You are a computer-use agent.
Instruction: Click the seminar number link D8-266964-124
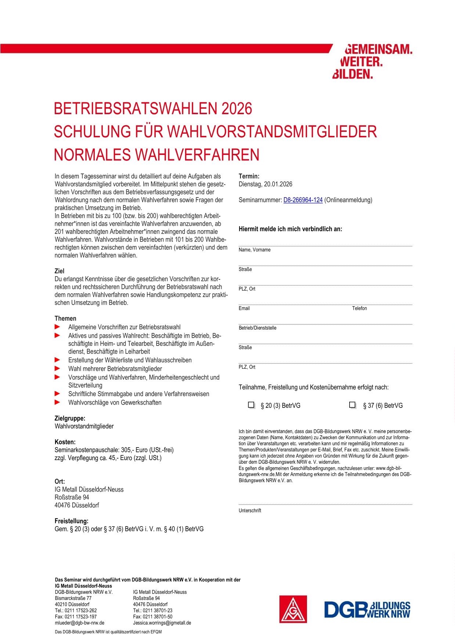click(x=303, y=200)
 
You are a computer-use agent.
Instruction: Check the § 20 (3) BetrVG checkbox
click(x=251, y=405)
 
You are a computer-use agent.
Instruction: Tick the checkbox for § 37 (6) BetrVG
click(x=353, y=405)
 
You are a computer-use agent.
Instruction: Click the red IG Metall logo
click(x=293, y=609)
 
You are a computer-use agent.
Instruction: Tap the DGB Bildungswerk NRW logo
click(x=367, y=609)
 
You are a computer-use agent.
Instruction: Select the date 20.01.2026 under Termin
click(x=278, y=184)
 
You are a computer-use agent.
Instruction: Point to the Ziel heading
click(x=59, y=271)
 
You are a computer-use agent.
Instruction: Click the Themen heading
click(x=65, y=318)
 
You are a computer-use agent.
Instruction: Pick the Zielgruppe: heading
click(x=70, y=418)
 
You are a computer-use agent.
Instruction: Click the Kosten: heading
click(x=65, y=442)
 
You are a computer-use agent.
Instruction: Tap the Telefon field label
click(x=360, y=308)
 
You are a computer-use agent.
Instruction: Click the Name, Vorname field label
click(x=254, y=250)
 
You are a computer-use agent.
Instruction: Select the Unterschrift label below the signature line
click(x=250, y=511)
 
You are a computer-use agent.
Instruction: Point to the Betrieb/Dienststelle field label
click(x=257, y=328)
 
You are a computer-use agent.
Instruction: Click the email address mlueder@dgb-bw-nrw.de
click(x=79, y=623)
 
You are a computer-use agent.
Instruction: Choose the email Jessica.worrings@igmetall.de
click(x=162, y=623)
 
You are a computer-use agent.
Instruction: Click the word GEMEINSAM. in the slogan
click(x=378, y=50)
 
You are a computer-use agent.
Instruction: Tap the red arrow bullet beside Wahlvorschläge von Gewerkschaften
click(x=57, y=402)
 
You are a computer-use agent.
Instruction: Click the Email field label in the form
click(x=244, y=308)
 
